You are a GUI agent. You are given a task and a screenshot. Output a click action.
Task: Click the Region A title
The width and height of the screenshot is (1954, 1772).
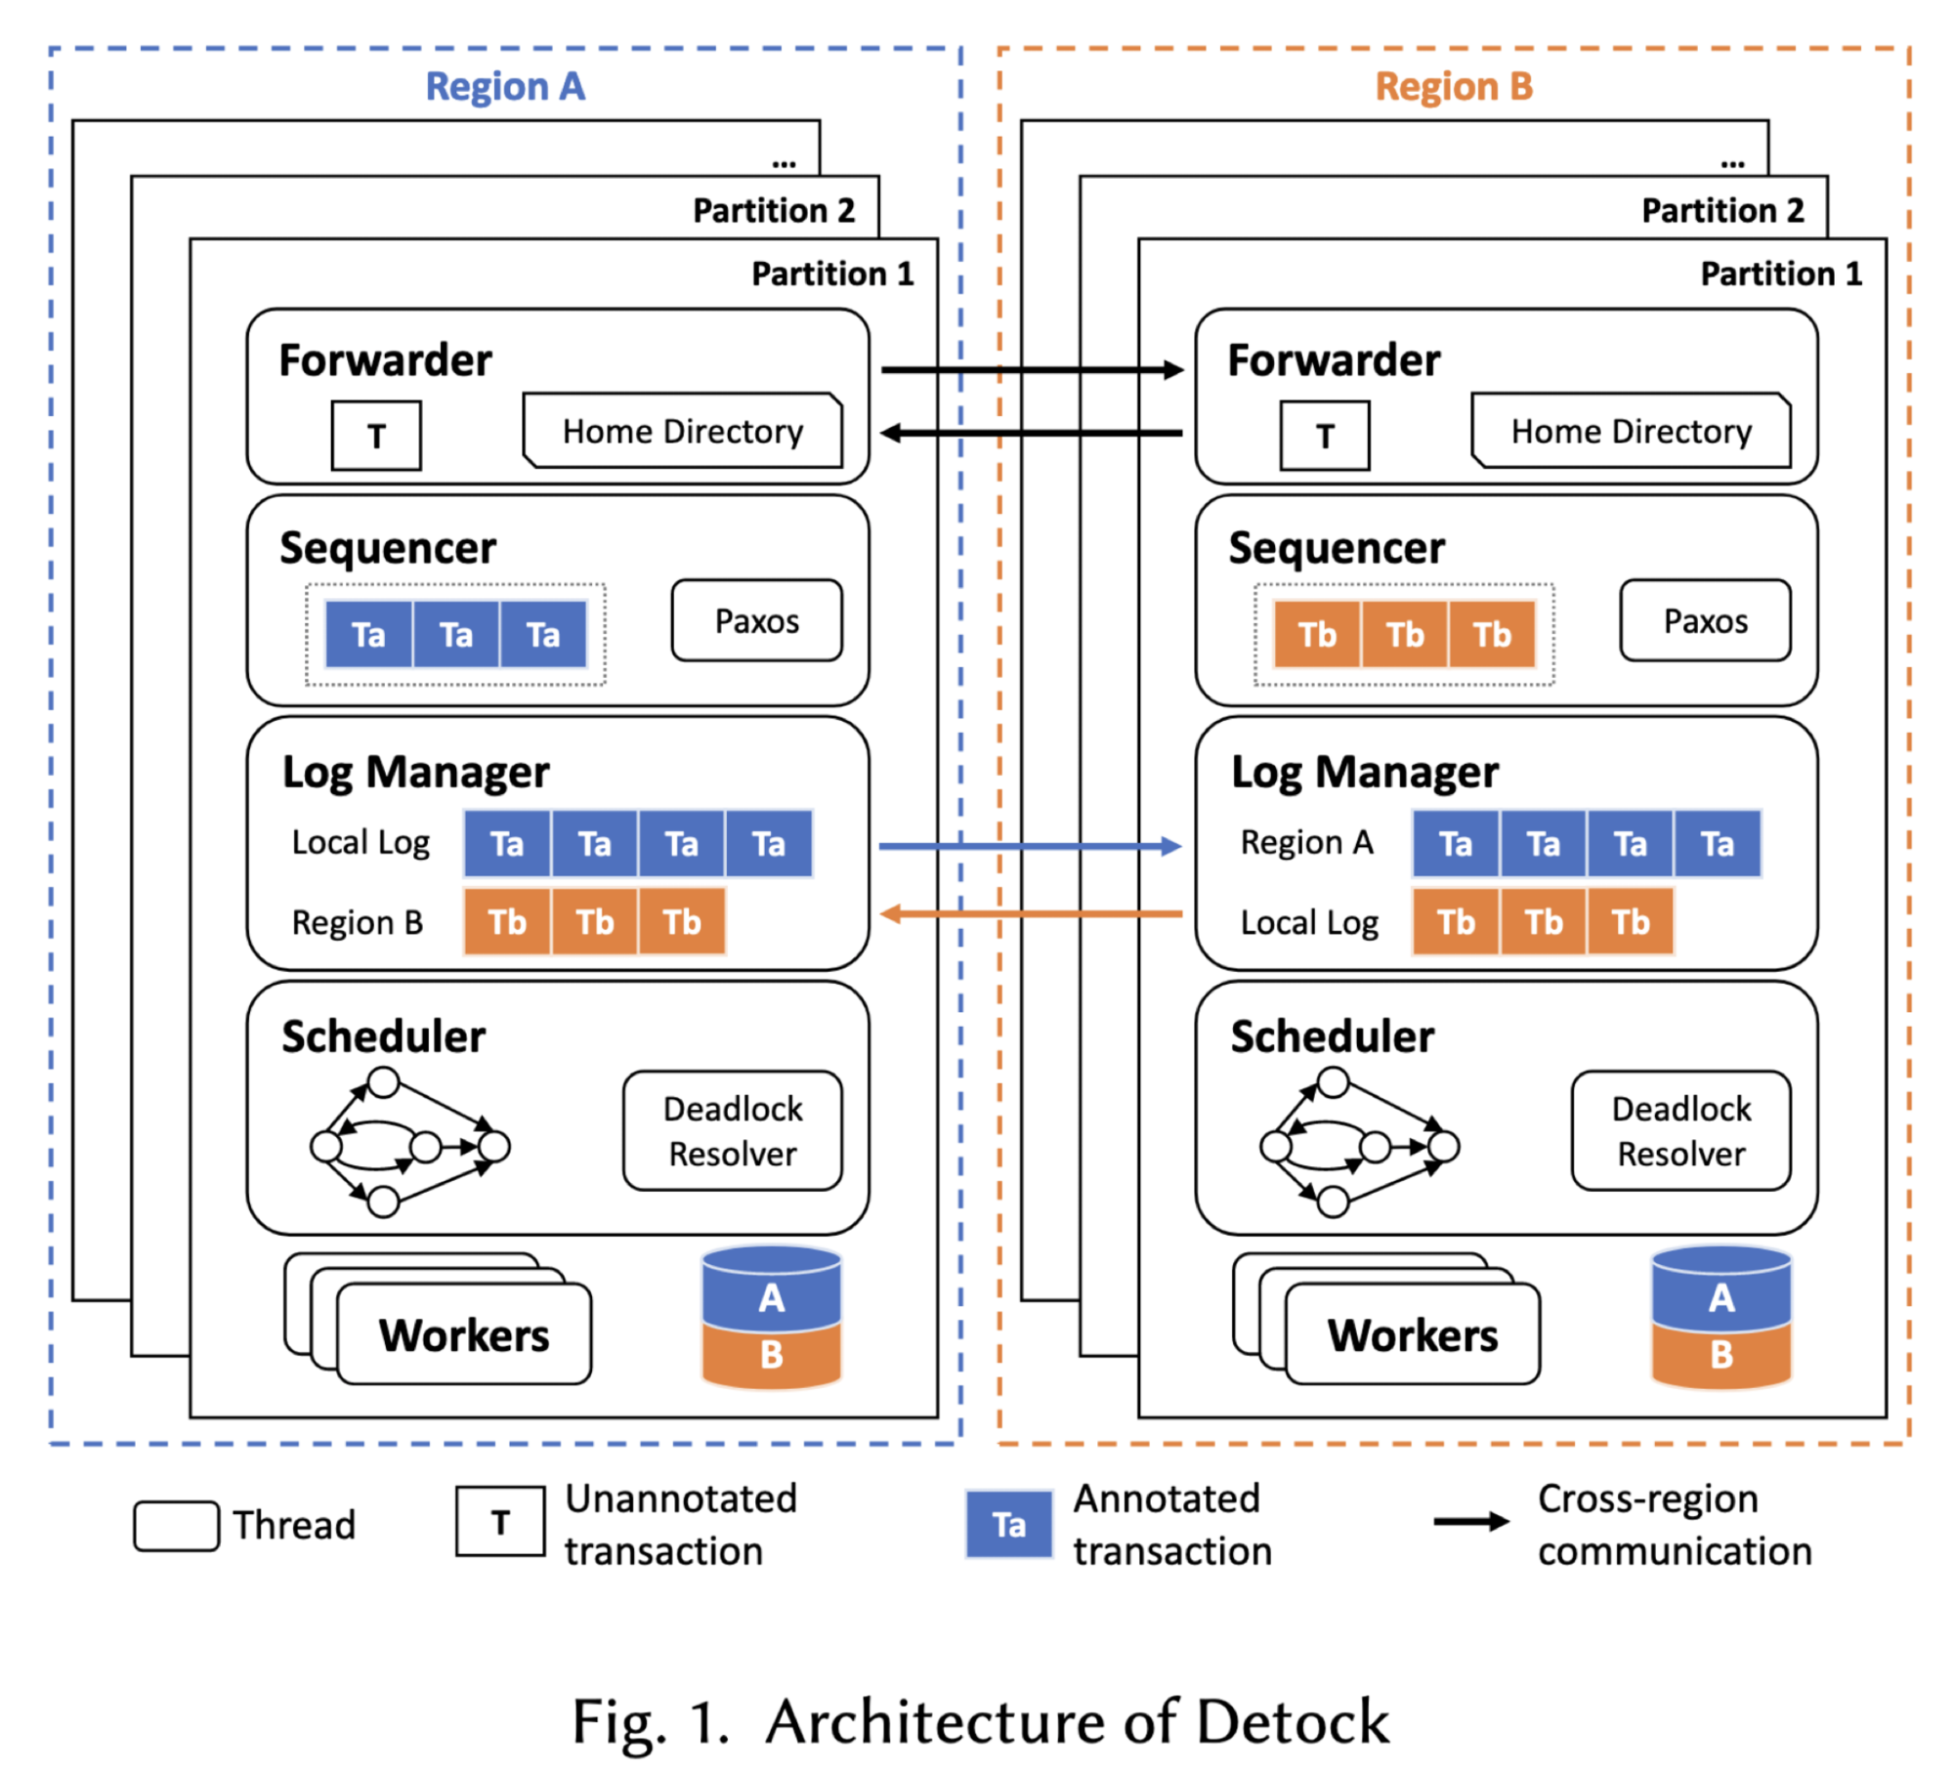click(x=505, y=86)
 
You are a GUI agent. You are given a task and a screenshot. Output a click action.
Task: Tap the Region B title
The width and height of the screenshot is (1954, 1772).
click(x=1454, y=86)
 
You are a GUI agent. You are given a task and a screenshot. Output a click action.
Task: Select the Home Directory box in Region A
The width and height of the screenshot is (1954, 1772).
click(x=683, y=431)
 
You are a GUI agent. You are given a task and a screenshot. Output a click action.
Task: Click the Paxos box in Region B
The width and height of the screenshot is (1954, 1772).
click(x=1705, y=620)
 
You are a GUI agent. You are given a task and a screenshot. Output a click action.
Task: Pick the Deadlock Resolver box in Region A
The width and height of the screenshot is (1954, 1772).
click(x=733, y=1130)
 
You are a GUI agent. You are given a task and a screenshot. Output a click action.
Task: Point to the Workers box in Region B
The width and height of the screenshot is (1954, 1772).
click(x=1413, y=1334)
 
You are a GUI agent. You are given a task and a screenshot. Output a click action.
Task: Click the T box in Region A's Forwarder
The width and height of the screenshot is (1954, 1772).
click(x=376, y=436)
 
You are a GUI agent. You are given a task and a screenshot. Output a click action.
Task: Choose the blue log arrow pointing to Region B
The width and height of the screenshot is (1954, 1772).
click(x=1031, y=846)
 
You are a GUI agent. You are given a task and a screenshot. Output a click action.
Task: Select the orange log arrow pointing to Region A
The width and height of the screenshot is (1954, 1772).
click(x=1031, y=914)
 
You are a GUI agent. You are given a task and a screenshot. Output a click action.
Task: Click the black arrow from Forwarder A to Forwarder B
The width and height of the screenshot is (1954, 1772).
click(x=1032, y=369)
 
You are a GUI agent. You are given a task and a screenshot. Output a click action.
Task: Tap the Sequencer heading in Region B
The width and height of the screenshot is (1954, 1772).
click(x=1336, y=548)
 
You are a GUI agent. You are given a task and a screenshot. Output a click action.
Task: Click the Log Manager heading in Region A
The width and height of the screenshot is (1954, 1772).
click(x=415, y=773)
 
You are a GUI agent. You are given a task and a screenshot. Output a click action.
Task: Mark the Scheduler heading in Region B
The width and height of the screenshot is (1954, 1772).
click(x=1332, y=1036)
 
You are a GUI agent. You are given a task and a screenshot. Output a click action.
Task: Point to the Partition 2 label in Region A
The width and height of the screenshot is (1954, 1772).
click(x=774, y=210)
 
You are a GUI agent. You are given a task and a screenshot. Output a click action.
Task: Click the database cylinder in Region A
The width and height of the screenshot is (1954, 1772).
click(x=772, y=1317)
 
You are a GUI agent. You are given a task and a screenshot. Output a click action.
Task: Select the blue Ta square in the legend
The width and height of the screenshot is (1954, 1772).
click(x=1009, y=1524)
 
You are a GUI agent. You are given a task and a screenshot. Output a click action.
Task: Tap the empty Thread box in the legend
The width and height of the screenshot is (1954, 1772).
click(x=176, y=1526)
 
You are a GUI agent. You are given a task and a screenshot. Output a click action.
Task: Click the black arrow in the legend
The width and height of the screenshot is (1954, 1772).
click(x=1471, y=1522)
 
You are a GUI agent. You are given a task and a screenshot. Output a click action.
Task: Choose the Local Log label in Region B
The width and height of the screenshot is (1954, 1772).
click(x=1309, y=923)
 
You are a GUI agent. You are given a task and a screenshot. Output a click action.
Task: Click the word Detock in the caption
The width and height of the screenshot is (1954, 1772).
click(x=1292, y=1721)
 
